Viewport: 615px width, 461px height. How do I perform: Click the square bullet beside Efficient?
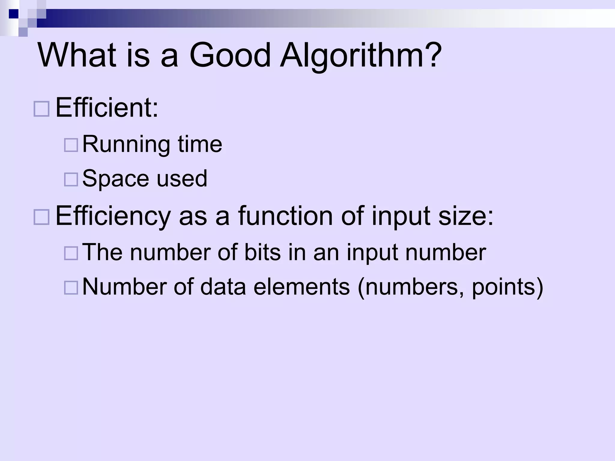pyautogui.click(x=41, y=109)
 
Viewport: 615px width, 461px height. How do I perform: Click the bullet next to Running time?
pyautogui.click(x=71, y=145)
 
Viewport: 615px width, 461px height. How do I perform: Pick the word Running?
pyautogui.click(x=126, y=145)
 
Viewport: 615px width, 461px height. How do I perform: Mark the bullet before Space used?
pyautogui.click(x=71, y=179)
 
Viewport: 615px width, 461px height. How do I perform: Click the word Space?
pyautogui.click(x=115, y=179)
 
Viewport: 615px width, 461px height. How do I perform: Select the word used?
pyautogui.click(x=182, y=179)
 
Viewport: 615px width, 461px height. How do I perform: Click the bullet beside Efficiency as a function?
pyautogui.click(x=41, y=217)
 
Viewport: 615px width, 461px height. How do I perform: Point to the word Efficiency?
pyautogui.click(x=113, y=216)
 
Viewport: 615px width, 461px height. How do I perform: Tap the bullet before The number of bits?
pyautogui.click(x=71, y=253)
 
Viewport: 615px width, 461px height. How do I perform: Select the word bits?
pyautogui.click(x=262, y=252)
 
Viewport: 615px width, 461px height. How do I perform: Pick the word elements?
pyautogui.click(x=301, y=287)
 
